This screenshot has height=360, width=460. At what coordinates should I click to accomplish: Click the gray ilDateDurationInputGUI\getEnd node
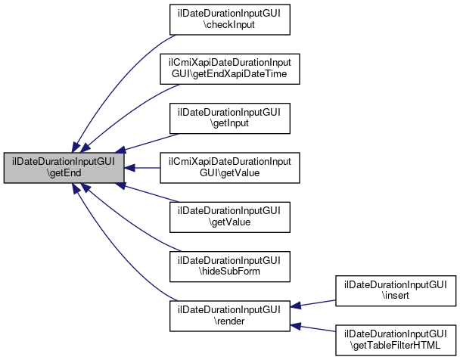click(64, 168)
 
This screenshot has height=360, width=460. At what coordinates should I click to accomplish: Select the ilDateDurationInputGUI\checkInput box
click(230, 20)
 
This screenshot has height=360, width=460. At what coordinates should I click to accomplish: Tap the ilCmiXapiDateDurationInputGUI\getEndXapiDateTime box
click(230, 69)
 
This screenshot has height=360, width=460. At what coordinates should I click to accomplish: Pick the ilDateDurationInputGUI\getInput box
click(230, 119)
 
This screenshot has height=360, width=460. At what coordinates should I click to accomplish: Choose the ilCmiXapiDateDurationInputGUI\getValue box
click(230, 168)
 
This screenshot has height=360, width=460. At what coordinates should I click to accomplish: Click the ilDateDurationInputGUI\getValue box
click(230, 217)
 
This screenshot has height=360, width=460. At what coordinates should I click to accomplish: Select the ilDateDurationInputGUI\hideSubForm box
click(230, 266)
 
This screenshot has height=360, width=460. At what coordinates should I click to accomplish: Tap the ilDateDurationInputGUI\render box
click(230, 316)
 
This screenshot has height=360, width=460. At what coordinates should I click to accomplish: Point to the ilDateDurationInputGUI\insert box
click(396, 291)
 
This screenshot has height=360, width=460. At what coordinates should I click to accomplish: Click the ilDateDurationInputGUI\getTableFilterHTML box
click(396, 340)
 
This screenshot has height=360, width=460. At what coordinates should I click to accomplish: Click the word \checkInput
click(229, 25)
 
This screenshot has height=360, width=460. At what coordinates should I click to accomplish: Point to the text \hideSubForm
click(229, 272)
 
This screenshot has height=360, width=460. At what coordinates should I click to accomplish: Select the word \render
click(229, 321)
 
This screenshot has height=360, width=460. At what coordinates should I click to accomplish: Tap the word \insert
click(396, 296)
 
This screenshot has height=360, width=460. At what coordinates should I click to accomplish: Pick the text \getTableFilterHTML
click(396, 346)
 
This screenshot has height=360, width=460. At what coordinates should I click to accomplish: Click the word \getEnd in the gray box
click(64, 172)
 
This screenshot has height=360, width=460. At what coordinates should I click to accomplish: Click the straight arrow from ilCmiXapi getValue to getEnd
click(142, 168)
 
